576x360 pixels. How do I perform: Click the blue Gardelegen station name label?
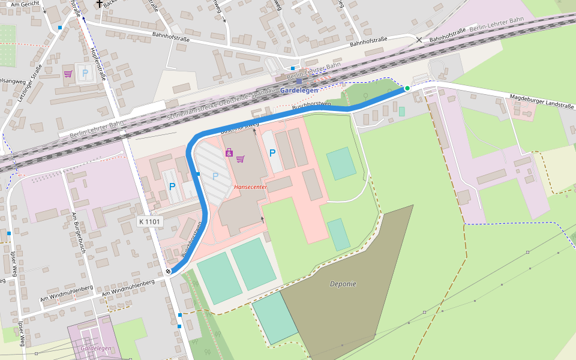(299, 91)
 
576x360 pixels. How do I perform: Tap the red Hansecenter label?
(250, 187)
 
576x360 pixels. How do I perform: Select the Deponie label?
(343, 284)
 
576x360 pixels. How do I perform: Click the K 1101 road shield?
(150, 221)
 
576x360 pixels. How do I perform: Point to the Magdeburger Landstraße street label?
(542, 101)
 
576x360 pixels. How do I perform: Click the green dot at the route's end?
(407, 88)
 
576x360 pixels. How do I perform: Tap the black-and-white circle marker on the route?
(169, 271)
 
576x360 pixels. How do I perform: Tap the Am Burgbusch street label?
(76, 232)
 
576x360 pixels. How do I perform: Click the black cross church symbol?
(99, 4)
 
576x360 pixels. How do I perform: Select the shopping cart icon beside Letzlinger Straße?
(68, 74)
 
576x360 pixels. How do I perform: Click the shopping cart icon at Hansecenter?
(241, 159)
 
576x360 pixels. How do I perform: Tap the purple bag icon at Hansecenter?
(229, 153)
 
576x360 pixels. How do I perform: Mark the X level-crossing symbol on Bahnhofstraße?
(419, 40)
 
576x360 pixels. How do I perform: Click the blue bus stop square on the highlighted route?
(198, 174)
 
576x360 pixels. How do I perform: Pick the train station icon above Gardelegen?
(299, 81)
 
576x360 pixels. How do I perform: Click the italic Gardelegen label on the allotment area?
(96, 349)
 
